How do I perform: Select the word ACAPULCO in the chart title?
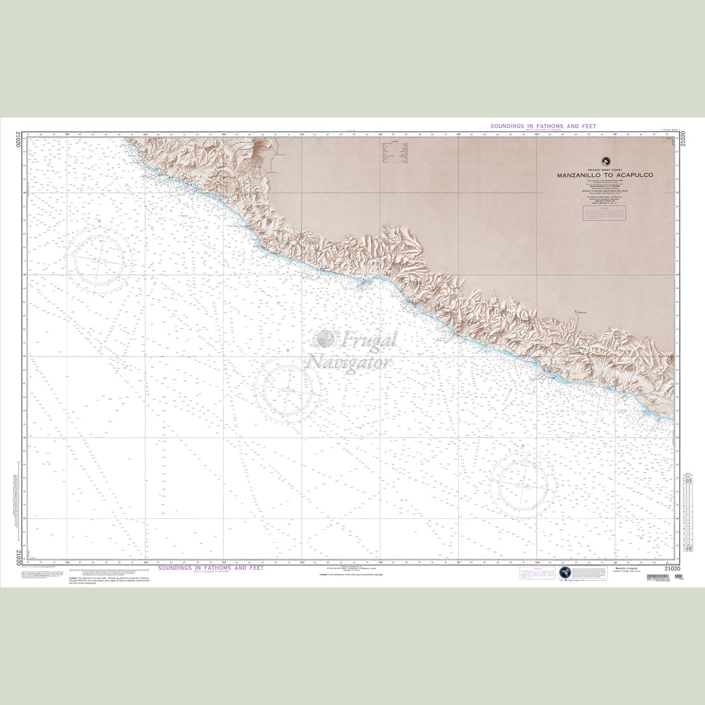point(633,176)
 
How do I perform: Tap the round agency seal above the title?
point(605,161)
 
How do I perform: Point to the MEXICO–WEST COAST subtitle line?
point(605,170)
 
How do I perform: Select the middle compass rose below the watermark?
point(287,389)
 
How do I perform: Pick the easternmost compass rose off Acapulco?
point(523,485)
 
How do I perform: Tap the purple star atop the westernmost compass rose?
point(99,221)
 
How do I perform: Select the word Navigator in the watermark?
point(349,362)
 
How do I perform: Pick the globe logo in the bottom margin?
point(565,572)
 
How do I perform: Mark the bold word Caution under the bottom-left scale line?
point(74,578)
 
